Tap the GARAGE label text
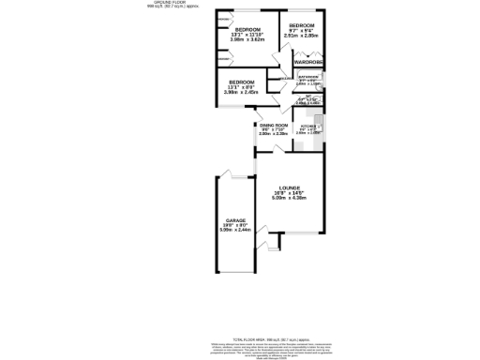tap(234, 220)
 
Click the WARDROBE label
tap(308, 62)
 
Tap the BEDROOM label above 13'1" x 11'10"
tap(248, 30)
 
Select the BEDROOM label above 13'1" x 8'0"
tap(242, 82)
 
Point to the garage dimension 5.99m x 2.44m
tap(234, 230)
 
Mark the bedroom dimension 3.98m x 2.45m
tap(242, 93)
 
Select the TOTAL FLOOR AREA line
tap(239, 339)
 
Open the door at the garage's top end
tap(225, 174)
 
